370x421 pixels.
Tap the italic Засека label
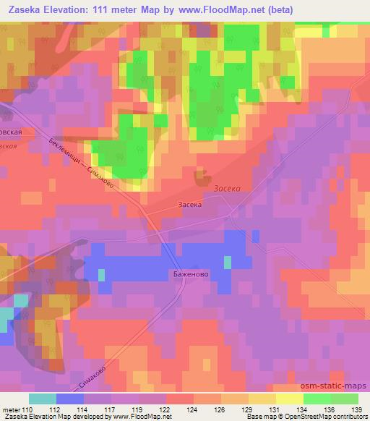[x=227, y=188]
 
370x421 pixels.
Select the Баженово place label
[x=191, y=274]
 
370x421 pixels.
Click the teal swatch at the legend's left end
[x=43, y=399]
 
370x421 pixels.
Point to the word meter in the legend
[x=12, y=409]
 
